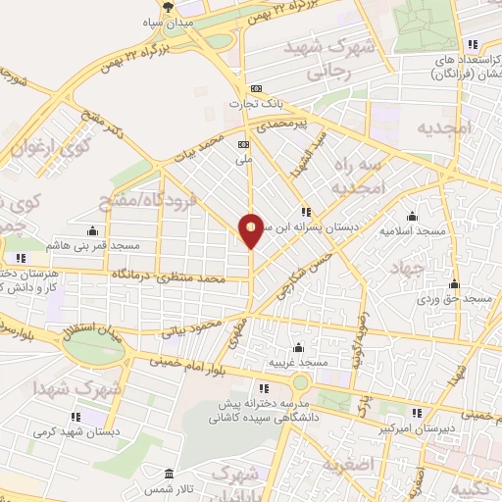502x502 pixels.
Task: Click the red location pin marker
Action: pos(252,229)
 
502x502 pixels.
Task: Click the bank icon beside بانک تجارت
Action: pos(257,87)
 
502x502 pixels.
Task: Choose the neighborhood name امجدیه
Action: pos(444,128)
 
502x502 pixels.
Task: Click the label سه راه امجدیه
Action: pos(353,176)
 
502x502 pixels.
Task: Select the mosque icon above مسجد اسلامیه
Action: pos(411,217)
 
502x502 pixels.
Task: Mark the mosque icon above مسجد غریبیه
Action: pos(298,347)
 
